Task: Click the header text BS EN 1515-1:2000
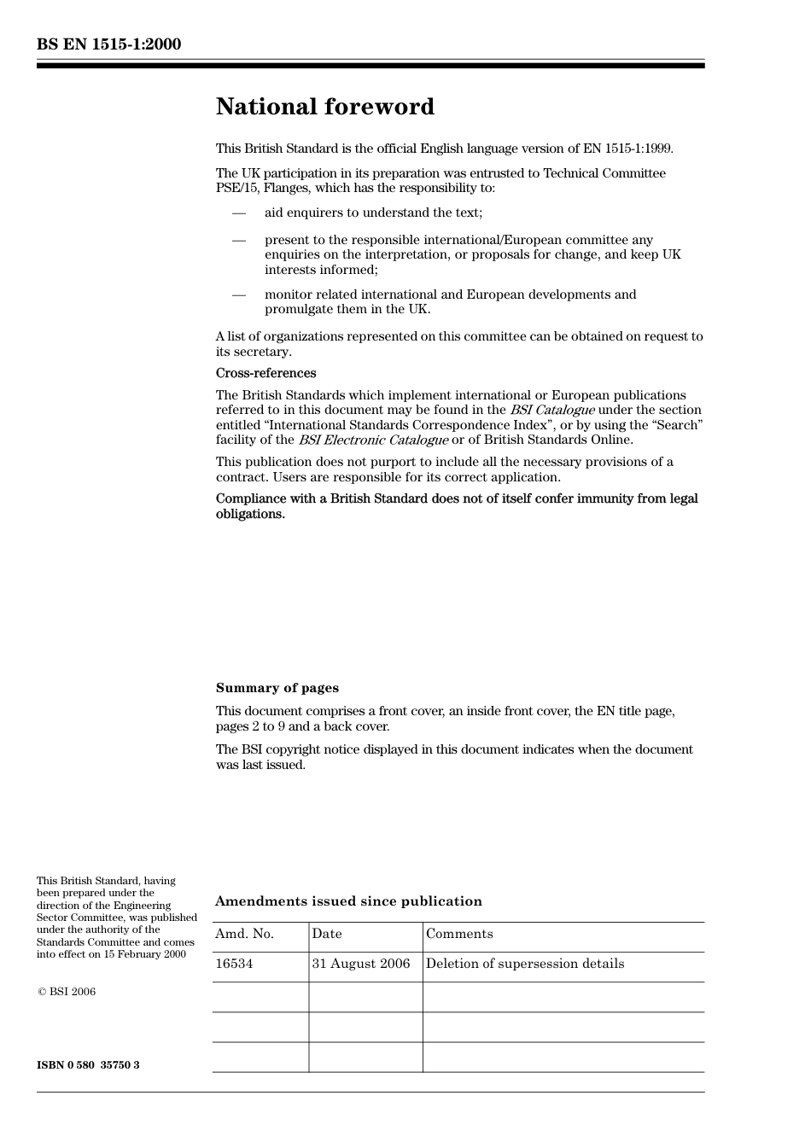[x=108, y=44]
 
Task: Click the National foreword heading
[x=324, y=107]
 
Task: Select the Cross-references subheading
[x=265, y=373]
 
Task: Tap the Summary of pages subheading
[x=277, y=688]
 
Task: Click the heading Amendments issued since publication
[x=348, y=901]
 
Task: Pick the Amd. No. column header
[x=244, y=934]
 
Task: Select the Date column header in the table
[x=327, y=934]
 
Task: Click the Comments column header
[x=459, y=934]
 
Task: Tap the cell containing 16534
[x=234, y=964]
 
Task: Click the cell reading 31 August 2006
[x=361, y=964]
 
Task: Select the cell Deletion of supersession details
[x=525, y=964]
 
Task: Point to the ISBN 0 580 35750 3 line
[x=88, y=1065]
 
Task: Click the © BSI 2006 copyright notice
[x=67, y=992]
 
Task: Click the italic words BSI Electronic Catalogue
[x=373, y=440]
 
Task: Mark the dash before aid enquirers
[x=239, y=213]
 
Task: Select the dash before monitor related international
[x=239, y=294]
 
